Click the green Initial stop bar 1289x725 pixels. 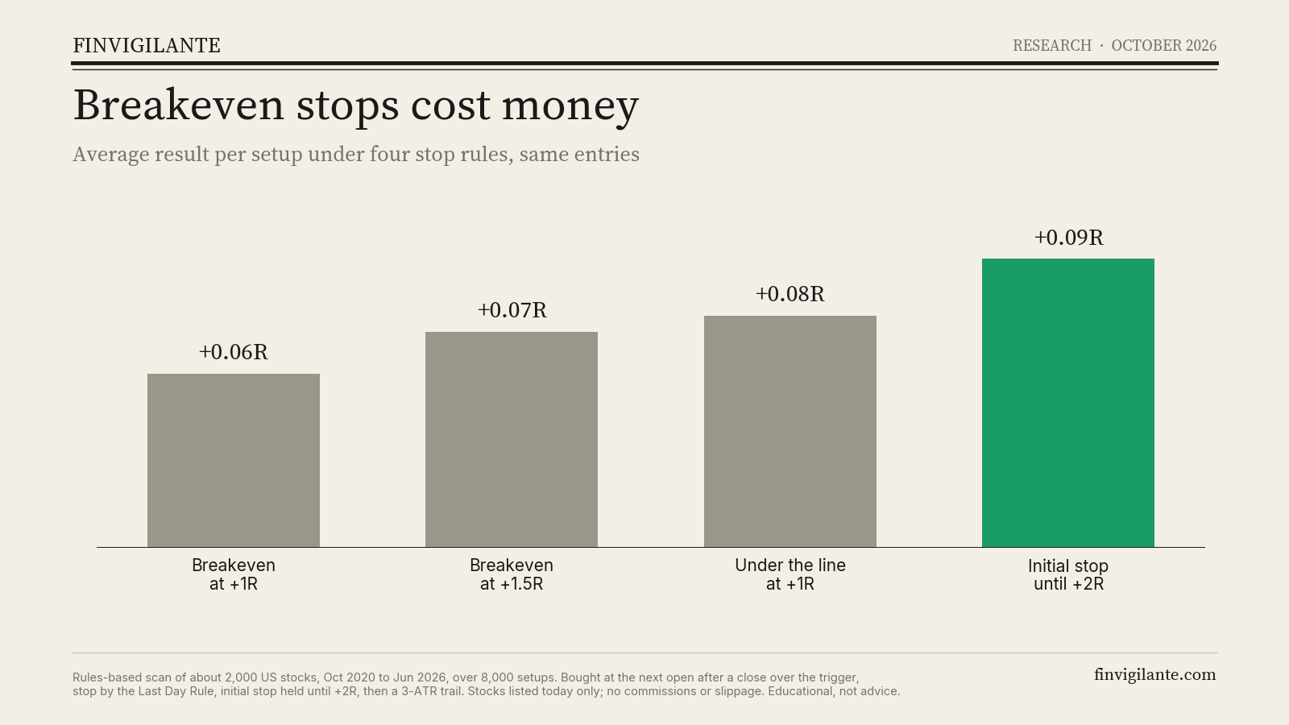coord(1068,403)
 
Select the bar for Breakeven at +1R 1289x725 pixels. coord(234,460)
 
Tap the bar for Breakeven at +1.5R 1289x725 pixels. coord(512,440)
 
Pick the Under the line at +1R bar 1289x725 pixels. coord(790,432)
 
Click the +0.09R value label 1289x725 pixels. coord(1068,238)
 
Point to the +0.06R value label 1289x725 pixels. coord(234,352)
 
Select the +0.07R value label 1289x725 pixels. coord(512,310)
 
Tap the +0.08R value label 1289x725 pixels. coord(790,294)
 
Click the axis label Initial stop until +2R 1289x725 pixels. coord(1068,575)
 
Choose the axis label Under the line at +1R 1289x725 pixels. coord(790,574)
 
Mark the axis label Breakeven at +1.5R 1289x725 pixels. coord(512,574)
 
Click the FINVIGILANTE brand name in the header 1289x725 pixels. coord(147,45)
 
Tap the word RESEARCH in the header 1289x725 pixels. coord(1052,45)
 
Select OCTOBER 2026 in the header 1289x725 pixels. coord(1163,45)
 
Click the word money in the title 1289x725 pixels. coord(570,106)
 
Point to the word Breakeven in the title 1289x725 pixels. coord(178,105)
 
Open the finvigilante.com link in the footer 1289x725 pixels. coord(1155,675)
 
